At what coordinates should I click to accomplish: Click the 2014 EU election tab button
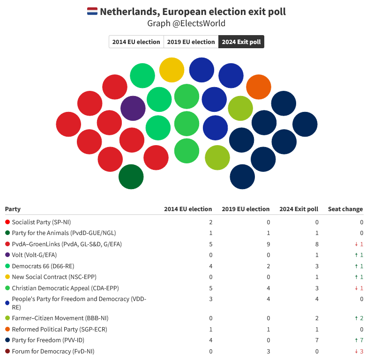pyautogui.click(x=136, y=42)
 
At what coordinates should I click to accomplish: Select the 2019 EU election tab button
pyautogui.click(x=191, y=42)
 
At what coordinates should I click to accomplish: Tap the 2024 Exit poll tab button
pyautogui.click(x=241, y=42)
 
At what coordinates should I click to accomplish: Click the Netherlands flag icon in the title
pyautogui.click(x=92, y=11)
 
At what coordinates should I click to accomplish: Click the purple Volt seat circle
pyautogui.click(x=133, y=108)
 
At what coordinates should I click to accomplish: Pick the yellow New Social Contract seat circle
pyautogui.click(x=172, y=70)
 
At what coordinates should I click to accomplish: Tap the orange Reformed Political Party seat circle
pyautogui.click(x=259, y=87)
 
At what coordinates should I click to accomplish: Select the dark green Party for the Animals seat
pyautogui.click(x=131, y=177)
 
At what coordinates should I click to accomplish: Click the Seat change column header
pyautogui.click(x=345, y=209)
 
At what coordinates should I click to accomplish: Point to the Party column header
pyautogui.click(x=13, y=209)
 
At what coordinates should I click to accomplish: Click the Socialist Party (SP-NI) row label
pyautogui.click(x=41, y=222)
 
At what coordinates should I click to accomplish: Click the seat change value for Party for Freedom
pyautogui.click(x=360, y=340)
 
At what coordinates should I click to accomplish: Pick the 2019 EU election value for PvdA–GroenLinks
pyautogui.click(x=268, y=244)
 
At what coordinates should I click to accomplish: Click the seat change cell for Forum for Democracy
pyautogui.click(x=360, y=351)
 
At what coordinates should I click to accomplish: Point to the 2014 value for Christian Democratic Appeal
pyautogui.click(x=210, y=288)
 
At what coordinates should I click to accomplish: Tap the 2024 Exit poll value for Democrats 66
pyautogui.click(x=317, y=266)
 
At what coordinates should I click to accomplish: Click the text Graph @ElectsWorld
pyautogui.click(x=186, y=23)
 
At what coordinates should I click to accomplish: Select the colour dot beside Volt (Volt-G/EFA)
pyautogui.click(x=7, y=255)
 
